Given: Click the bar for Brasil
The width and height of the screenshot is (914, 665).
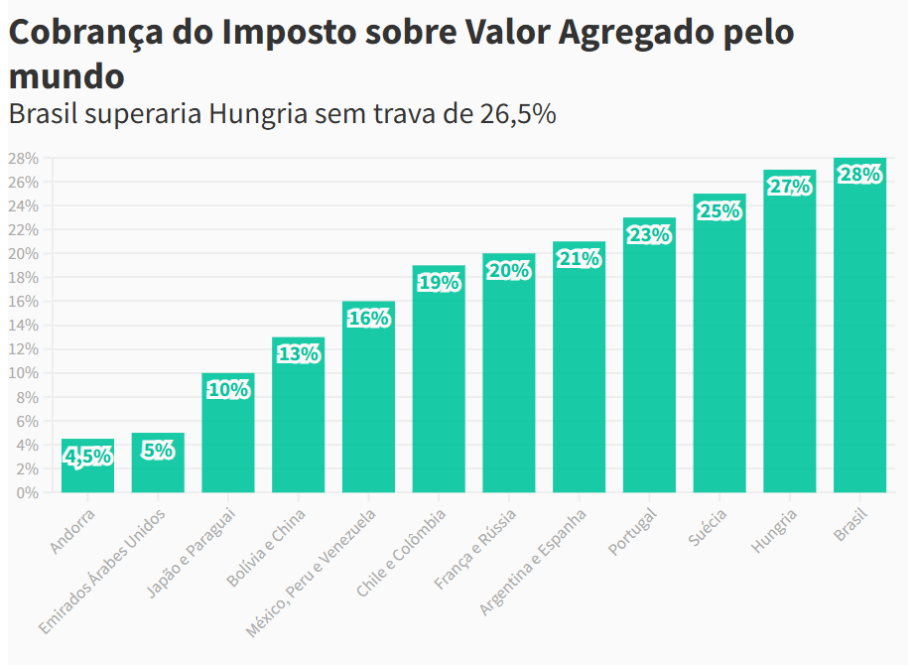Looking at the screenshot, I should [859, 337].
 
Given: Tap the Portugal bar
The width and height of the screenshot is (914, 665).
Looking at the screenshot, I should [649, 367].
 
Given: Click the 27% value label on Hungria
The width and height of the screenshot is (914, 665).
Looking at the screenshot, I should [790, 186].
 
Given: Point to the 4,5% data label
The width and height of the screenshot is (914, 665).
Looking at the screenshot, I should [87, 457].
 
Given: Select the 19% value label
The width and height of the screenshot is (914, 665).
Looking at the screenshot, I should [439, 282].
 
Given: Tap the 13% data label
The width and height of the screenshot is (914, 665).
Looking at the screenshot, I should [298, 353].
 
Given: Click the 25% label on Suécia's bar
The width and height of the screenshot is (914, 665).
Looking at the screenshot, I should [719, 210].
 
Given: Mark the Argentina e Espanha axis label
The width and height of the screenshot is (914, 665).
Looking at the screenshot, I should [534, 561].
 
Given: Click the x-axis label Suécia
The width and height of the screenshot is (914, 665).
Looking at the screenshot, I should [708, 527].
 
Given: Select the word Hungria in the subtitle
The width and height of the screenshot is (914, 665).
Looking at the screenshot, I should [257, 113].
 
